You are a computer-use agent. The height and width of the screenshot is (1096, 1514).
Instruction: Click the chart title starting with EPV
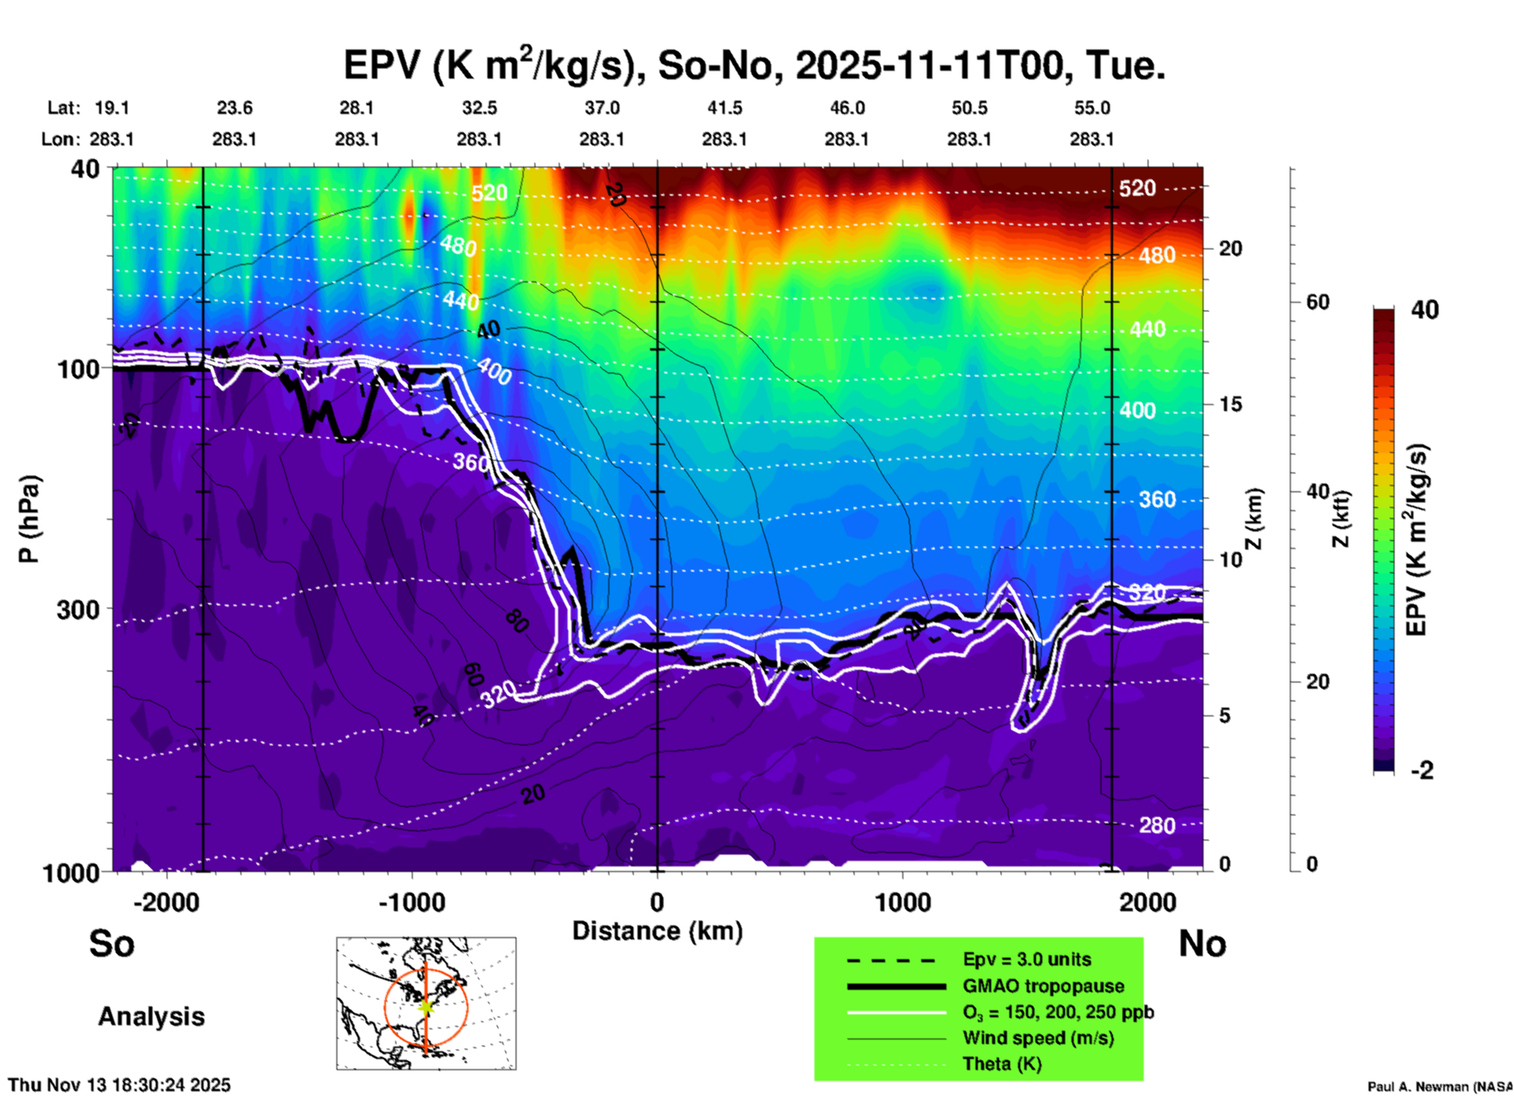click(x=754, y=65)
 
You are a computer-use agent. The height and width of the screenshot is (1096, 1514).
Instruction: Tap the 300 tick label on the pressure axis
click(x=78, y=609)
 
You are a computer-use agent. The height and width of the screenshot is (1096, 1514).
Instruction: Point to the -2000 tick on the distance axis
click(x=166, y=902)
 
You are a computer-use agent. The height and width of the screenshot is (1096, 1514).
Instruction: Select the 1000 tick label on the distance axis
click(x=902, y=902)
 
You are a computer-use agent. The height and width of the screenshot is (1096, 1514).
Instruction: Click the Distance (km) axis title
click(x=657, y=931)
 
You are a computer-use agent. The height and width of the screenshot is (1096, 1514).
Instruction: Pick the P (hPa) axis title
click(x=29, y=519)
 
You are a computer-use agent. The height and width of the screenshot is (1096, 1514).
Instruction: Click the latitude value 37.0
click(x=601, y=108)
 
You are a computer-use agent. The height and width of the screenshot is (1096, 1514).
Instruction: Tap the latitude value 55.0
click(x=1092, y=108)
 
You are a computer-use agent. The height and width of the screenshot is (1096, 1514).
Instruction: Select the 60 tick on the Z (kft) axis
click(x=1317, y=302)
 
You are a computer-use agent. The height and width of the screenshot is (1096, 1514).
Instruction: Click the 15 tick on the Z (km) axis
click(x=1230, y=404)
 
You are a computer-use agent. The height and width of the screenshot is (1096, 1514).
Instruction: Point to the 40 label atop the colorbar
click(x=1424, y=310)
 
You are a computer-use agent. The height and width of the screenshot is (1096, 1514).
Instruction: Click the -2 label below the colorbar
click(x=1421, y=771)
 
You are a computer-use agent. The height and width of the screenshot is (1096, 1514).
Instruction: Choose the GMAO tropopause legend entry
click(x=1043, y=986)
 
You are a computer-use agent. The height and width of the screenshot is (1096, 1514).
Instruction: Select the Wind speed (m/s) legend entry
click(x=1038, y=1039)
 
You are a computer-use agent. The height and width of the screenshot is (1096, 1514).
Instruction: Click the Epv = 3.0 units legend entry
click(x=1027, y=960)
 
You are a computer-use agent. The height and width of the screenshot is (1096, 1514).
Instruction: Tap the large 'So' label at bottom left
click(x=112, y=943)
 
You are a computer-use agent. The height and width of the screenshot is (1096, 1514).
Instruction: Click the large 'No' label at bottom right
click(x=1202, y=943)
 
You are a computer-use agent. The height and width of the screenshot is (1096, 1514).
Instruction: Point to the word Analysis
click(x=151, y=1017)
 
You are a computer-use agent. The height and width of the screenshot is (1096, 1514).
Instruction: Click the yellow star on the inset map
click(x=426, y=1006)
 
